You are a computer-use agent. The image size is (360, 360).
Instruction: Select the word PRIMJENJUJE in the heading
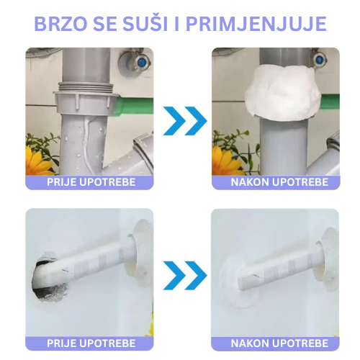(x=256, y=24)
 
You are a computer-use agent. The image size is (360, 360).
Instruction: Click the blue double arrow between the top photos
(x=185, y=121)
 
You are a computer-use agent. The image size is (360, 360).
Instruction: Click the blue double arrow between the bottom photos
(x=185, y=275)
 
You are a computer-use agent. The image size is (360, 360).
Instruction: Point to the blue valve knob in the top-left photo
(x=142, y=62)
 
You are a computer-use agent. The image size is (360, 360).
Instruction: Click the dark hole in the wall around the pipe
(x=49, y=276)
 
